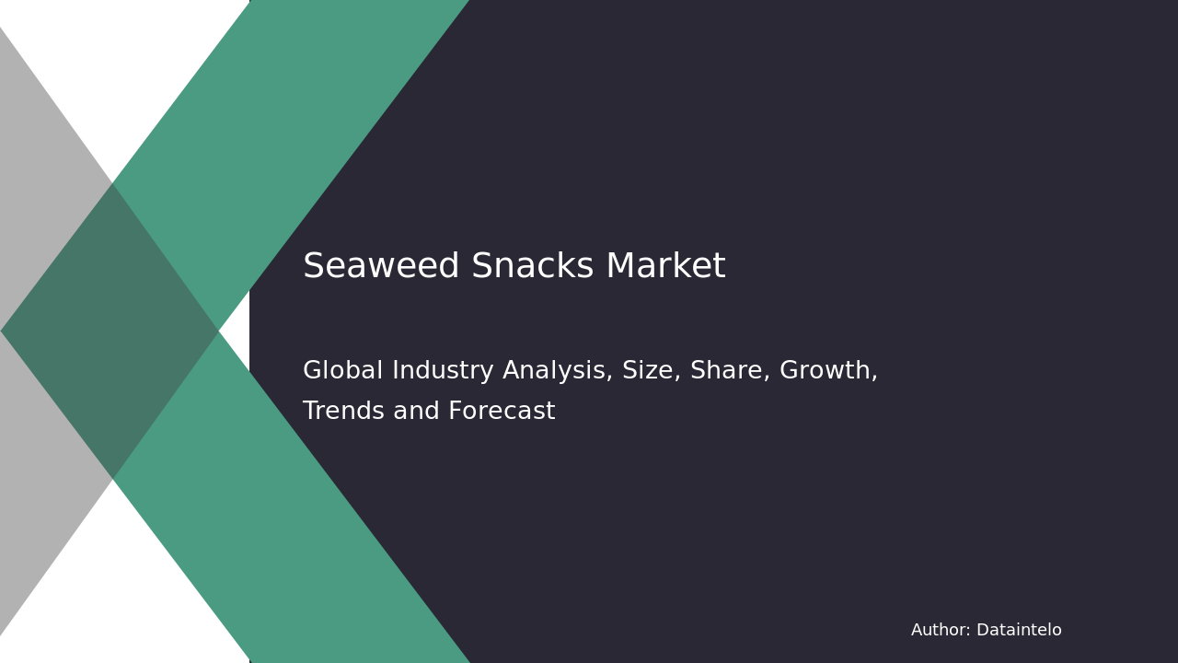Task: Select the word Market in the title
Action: [x=665, y=267]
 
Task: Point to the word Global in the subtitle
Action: [x=342, y=371]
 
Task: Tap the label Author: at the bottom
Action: [x=940, y=631]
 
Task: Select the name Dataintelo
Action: [x=1019, y=631]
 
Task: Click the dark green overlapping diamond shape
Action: [x=110, y=331]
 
